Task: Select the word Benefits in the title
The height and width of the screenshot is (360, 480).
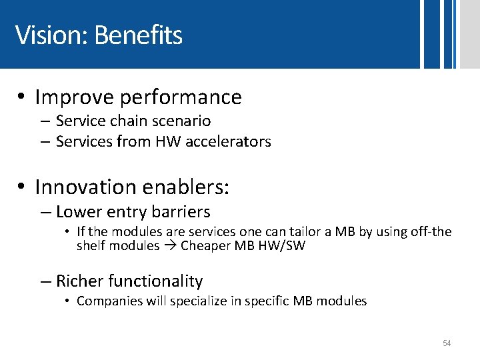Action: click(x=138, y=35)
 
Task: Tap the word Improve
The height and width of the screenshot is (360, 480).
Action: click(x=74, y=97)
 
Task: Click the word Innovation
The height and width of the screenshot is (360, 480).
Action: click(x=91, y=187)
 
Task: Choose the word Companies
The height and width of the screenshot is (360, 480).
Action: click(x=105, y=301)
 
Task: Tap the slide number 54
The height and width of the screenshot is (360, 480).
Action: click(x=447, y=343)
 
